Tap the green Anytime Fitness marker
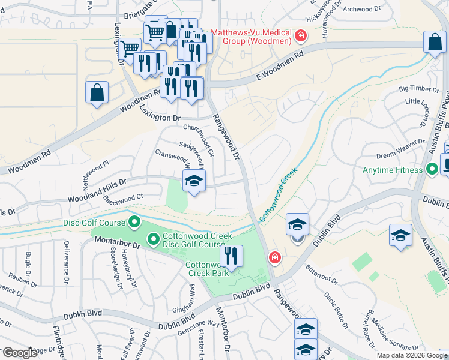[431, 169]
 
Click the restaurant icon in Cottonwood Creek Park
[231, 256]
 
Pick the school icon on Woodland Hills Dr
[194, 181]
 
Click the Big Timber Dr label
[419, 89]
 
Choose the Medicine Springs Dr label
[394, 336]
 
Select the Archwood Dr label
[363, 9]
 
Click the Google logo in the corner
[20, 353]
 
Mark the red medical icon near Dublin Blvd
[274, 258]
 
